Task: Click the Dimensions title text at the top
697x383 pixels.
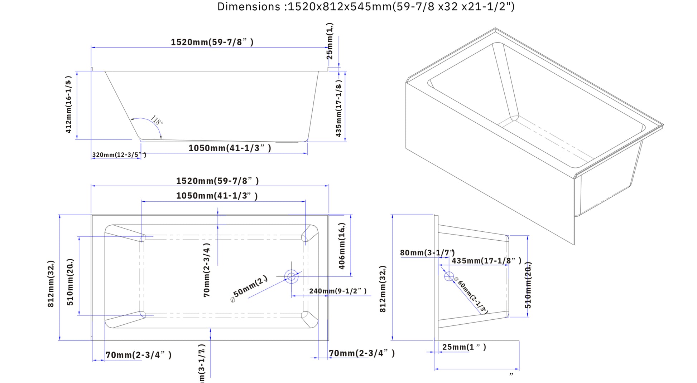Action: (x=366, y=7)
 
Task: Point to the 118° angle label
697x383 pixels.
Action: (x=157, y=120)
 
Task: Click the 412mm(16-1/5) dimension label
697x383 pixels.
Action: (x=68, y=104)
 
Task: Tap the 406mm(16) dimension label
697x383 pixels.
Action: (x=342, y=246)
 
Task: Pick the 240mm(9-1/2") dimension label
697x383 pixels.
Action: (x=338, y=291)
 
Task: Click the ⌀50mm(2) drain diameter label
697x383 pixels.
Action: (x=249, y=289)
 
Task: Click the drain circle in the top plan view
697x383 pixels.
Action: (x=291, y=276)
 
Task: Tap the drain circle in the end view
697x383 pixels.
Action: (x=449, y=276)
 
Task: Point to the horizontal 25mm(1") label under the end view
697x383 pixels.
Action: (x=464, y=347)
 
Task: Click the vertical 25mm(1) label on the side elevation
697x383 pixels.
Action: (x=330, y=41)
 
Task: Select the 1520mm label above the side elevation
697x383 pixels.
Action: (x=212, y=42)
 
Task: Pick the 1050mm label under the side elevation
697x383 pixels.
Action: (x=230, y=148)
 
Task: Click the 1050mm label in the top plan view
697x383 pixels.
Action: (x=217, y=196)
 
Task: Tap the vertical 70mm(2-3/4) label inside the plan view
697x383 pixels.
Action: (x=207, y=270)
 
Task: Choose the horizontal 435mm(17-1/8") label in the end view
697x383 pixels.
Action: (x=486, y=261)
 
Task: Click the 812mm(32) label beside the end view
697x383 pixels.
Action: (x=383, y=289)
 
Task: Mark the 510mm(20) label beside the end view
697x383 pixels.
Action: (x=528, y=285)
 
